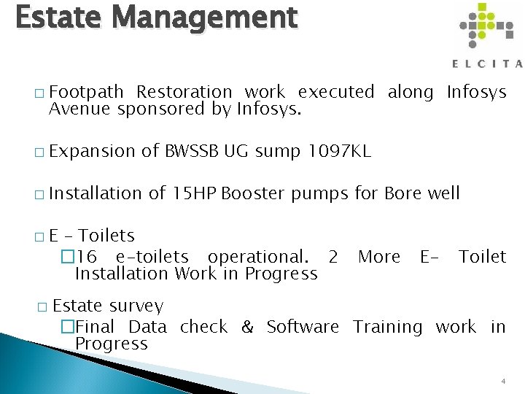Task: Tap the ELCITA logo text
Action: pyautogui.click(x=487, y=63)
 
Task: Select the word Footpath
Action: pyautogui.click(x=85, y=92)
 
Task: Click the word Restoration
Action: pyautogui.click(x=184, y=92)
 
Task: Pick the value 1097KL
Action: pyautogui.click(x=340, y=151)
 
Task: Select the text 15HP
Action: pyautogui.click(x=193, y=193)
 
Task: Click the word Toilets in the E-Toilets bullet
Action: pyautogui.click(x=106, y=236)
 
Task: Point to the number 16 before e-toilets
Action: pyautogui.click(x=87, y=257)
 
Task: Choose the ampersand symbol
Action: pyautogui.click(x=247, y=327)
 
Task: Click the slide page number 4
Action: pyautogui.click(x=503, y=382)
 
